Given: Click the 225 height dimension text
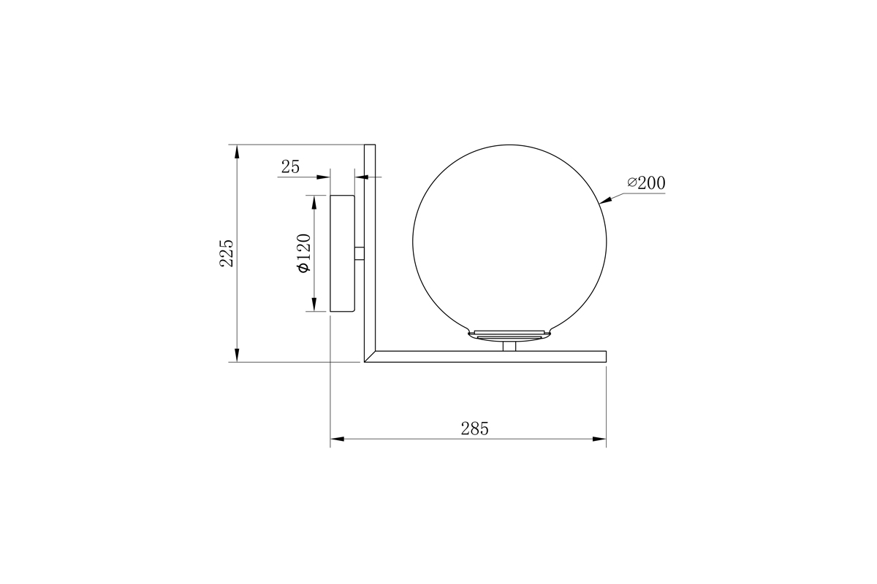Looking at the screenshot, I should coord(227,253).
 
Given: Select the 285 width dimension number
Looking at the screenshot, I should coord(474,429).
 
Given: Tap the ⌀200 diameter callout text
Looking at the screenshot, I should coord(646,183).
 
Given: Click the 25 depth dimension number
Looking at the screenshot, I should coord(290,167).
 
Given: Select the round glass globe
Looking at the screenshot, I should coord(510,241).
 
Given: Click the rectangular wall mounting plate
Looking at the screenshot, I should coord(343,253).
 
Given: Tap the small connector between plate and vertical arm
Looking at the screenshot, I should coord(360,253).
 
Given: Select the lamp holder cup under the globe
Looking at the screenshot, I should coord(510,334).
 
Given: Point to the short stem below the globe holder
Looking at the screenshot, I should coord(510,346).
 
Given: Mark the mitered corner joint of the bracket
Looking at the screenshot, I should coord(370,357).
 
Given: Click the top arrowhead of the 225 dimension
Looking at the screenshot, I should coord(236,150).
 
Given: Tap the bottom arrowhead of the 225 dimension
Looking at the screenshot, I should coord(236,356).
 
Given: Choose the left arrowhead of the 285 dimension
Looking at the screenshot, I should coord(337,439).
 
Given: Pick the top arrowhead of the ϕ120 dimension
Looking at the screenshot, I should coord(314,201).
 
